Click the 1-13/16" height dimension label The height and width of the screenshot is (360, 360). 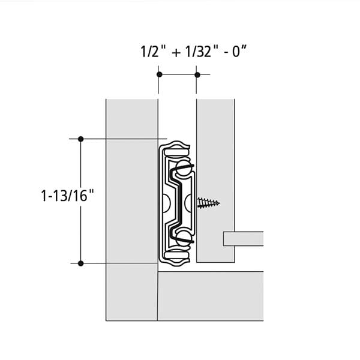click(68, 196)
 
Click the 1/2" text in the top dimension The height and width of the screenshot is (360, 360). click(150, 52)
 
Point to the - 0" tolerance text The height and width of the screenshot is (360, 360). click(236, 52)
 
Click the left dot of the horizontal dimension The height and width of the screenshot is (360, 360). click(160, 74)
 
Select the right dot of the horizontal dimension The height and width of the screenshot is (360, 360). click(197, 74)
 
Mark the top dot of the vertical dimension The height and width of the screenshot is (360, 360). click(80, 139)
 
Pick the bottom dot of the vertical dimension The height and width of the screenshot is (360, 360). click(80, 263)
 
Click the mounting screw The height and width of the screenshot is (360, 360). click(208, 203)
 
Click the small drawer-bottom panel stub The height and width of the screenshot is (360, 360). click(244, 239)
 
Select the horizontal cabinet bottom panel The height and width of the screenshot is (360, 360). click(211, 296)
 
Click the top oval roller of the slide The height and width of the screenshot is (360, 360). click(176, 152)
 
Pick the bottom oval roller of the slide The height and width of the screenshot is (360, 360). click(176, 254)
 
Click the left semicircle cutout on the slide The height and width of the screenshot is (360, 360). click(166, 203)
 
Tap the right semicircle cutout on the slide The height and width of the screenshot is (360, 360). click(188, 203)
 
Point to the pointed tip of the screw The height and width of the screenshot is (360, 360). click(220, 203)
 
